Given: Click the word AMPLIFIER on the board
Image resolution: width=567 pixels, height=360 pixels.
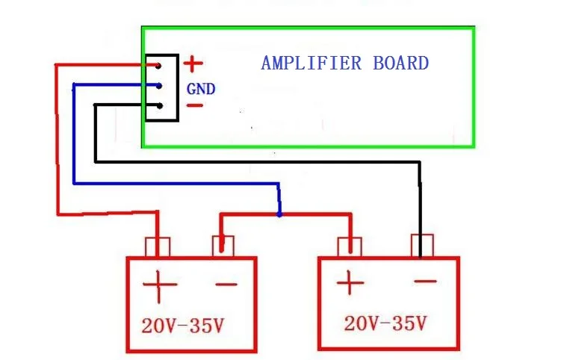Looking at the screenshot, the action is (312, 63).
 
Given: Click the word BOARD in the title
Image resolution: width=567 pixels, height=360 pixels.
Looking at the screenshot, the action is (400, 63).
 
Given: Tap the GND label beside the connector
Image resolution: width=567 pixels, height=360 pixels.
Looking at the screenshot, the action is (201, 89).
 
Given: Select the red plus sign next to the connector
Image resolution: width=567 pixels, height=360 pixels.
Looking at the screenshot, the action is (193, 64).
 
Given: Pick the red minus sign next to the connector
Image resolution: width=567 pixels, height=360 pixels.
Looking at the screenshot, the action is (195, 105).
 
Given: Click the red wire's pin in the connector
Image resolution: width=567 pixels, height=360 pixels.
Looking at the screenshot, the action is (158, 66).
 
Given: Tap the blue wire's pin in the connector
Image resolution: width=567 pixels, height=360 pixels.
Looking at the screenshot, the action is (159, 86).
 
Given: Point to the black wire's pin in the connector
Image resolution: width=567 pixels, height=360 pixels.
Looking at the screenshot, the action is (159, 106).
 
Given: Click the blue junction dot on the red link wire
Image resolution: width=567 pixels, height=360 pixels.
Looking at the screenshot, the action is (279, 214).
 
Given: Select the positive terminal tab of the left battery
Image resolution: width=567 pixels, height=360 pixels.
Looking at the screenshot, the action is (158, 247).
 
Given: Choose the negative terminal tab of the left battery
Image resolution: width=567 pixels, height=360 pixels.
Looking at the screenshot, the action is (223, 246).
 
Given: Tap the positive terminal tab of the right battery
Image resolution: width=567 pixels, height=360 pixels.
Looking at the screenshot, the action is (350, 247).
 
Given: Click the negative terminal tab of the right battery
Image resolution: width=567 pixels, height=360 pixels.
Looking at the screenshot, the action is (422, 246).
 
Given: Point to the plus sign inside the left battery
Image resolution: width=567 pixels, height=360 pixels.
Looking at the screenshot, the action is (159, 285).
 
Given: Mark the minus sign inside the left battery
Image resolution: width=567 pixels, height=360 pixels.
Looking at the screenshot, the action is (226, 285).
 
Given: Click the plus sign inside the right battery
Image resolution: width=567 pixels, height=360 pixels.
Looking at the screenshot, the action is (350, 282).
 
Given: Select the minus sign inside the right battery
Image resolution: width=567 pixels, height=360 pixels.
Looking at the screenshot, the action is (425, 281).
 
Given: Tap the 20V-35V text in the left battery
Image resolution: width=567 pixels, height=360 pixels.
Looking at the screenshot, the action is (182, 326).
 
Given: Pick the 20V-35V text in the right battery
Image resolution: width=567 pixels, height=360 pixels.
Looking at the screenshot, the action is (385, 323).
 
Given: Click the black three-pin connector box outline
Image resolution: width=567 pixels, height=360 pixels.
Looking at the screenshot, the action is (178, 88).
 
